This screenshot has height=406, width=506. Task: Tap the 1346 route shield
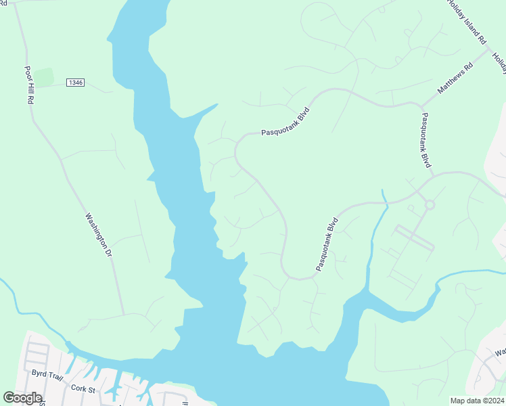coord(75,83)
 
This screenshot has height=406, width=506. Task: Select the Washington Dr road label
coord(97,235)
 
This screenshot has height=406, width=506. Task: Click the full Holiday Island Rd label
coord(467,22)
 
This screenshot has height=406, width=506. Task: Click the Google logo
coord(22,398)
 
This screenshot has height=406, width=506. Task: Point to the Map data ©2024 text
coord(476,401)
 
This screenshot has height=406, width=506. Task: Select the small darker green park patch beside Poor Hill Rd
coord(44,77)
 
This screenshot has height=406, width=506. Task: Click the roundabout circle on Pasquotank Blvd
coord(429,204)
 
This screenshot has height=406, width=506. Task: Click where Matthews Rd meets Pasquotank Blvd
coord(422,106)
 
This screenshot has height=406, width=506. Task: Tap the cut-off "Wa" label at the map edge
coord(500,353)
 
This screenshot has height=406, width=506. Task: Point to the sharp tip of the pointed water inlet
coord(218,104)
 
